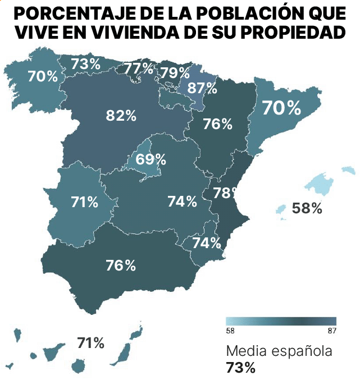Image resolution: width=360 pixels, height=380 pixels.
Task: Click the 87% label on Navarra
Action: (202, 88)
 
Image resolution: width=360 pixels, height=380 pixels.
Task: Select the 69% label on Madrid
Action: (151, 159)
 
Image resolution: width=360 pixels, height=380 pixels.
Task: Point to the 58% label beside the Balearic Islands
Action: (307, 209)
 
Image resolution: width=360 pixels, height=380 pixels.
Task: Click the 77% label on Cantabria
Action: (139, 68)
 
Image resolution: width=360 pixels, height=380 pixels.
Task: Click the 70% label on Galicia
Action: (43, 76)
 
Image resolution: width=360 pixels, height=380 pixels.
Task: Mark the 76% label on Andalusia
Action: (121, 265)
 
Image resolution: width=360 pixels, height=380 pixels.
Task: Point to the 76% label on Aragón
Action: (217, 124)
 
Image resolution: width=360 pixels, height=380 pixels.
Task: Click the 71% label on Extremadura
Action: (85, 202)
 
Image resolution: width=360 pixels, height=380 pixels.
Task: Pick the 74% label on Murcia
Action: (206, 243)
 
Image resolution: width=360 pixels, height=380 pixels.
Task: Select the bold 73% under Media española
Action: (240, 368)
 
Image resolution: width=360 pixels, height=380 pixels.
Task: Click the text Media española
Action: (279, 351)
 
